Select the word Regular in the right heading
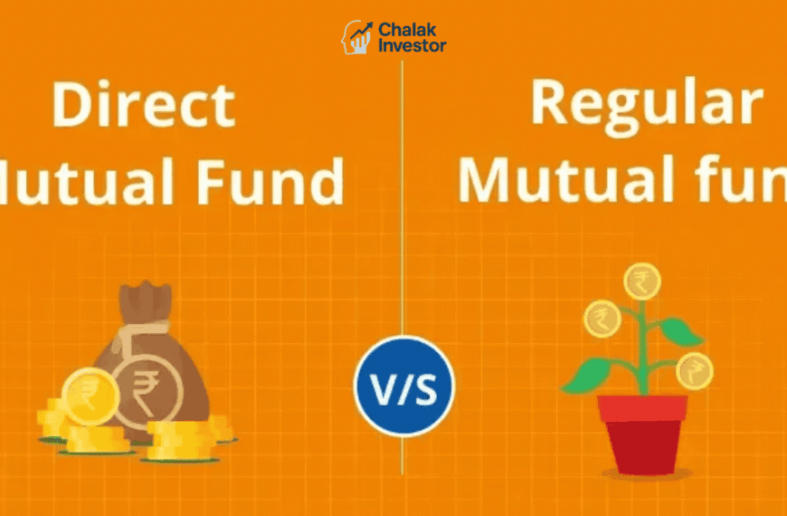[x=645, y=102]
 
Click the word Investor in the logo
[x=412, y=45]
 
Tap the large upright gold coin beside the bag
[x=90, y=396]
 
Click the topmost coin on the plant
[x=641, y=281]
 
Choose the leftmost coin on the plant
[x=602, y=319]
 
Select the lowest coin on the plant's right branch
[x=694, y=370]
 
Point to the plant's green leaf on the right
[x=680, y=333]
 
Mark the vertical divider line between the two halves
[x=402, y=226]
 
